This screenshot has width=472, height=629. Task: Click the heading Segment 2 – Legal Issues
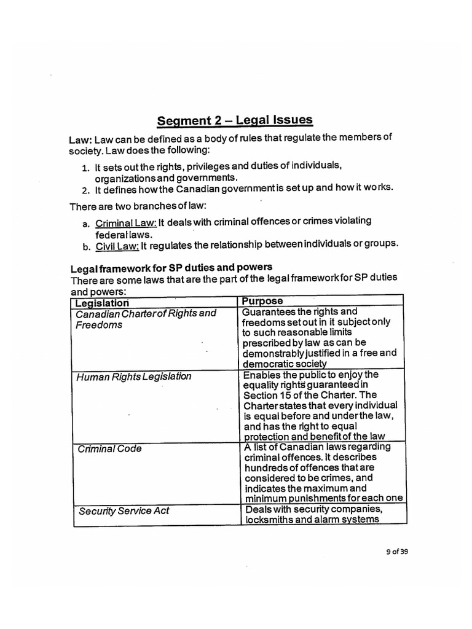[x=234, y=120]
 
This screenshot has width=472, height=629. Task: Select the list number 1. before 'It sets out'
[x=85, y=167]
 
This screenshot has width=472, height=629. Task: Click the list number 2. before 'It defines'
[x=85, y=189]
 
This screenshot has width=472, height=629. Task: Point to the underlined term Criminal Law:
[x=126, y=222]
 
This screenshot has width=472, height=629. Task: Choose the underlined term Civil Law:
[x=117, y=246]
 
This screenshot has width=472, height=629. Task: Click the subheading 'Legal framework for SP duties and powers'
[x=171, y=268]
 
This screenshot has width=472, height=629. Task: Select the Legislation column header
[x=102, y=303]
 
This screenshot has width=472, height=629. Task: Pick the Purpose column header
[x=262, y=301]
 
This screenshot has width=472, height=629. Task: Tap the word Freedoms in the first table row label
[x=99, y=324]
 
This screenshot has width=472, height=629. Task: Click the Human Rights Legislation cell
[x=134, y=377]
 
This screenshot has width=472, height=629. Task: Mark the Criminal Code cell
[x=110, y=448]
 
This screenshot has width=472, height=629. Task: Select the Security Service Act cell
[x=124, y=510]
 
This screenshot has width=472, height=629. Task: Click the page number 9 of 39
[x=394, y=550]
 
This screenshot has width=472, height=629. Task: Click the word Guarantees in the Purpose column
[x=269, y=312]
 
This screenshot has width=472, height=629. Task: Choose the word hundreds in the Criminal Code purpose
[x=265, y=467]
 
